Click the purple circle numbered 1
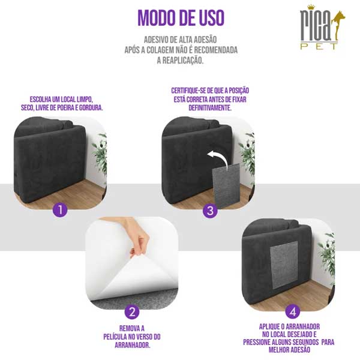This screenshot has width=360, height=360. (60, 209)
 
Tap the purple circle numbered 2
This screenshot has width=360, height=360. (132, 312)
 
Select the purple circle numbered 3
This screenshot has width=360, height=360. (210, 211)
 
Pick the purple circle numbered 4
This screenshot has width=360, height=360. (293, 311)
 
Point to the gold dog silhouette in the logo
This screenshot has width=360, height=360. (337, 25)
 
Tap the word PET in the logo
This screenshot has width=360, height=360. (319, 46)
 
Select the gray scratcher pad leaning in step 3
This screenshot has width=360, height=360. (226, 186)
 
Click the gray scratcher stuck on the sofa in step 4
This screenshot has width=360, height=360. (284, 265)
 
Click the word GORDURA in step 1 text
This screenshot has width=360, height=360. (91, 107)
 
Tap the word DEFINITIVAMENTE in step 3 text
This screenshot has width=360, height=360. (210, 107)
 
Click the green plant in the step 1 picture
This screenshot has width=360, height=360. (100, 154)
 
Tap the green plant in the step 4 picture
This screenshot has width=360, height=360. (327, 255)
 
